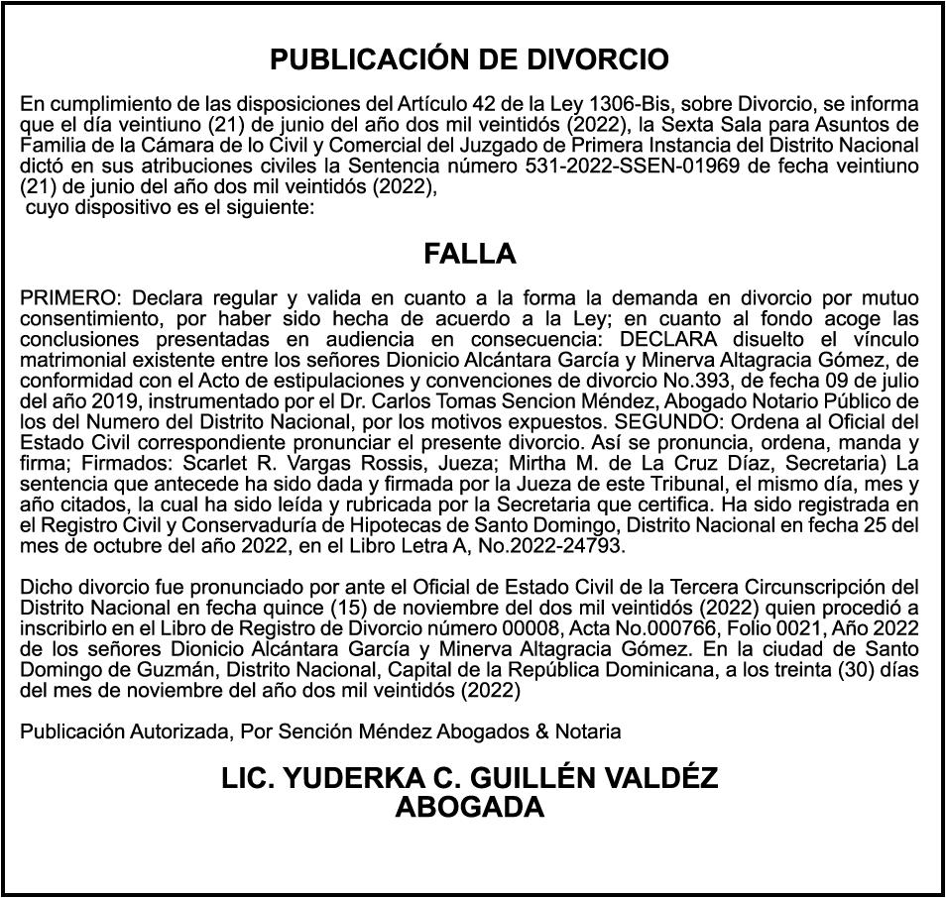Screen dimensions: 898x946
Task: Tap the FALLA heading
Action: point(470,255)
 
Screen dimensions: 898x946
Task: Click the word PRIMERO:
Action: point(69,298)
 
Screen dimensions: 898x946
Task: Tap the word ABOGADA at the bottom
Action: point(470,808)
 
